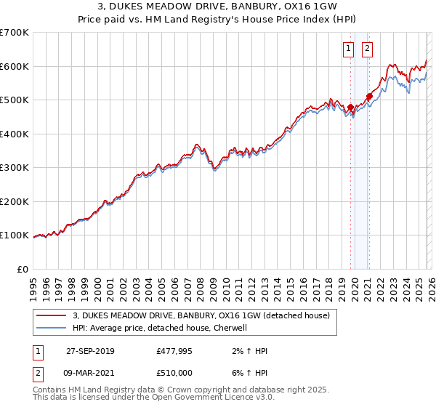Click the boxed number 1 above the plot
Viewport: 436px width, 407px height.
coord(349,49)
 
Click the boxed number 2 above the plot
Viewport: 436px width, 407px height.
coord(367,49)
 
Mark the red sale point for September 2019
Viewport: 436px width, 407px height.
coord(350,108)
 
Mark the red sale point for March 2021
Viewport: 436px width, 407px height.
coord(369,96)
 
